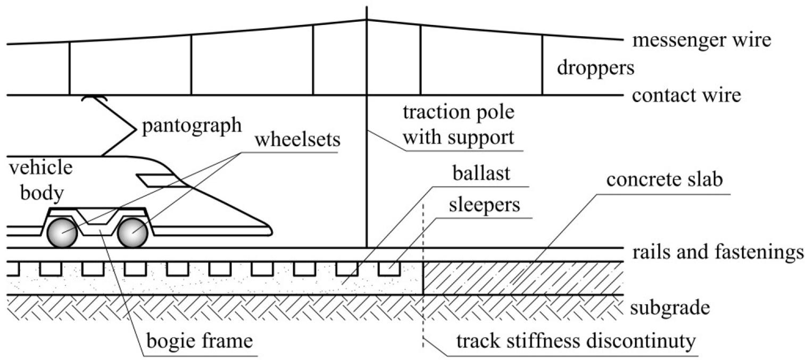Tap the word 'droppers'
click(x=596, y=68)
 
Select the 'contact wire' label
click(x=686, y=96)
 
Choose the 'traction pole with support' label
click(x=459, y=125)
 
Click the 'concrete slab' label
click(x=664, y=181)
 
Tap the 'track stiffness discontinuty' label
click(x=575, y=341)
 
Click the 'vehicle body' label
click(x=39, y=180)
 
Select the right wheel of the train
click(x=132, y=232)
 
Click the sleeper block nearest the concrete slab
click(x=389, y=269)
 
